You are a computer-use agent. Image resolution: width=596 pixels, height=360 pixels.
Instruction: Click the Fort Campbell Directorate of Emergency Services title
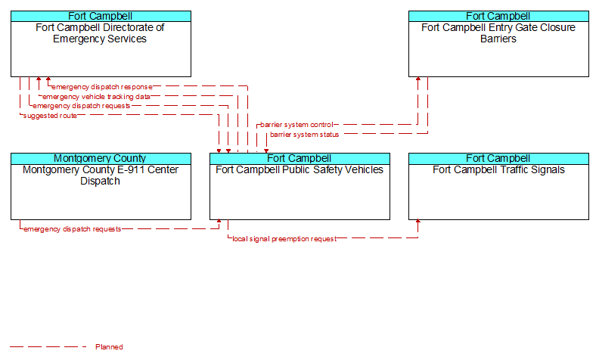pyautogui.click(x=100, y=33)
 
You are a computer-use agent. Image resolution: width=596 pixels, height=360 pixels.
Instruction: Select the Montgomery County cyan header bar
pyautogui.click(x=101, y=159)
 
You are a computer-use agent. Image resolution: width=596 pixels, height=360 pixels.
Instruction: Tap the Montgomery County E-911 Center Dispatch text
pyautogui.click(x=101, y=175)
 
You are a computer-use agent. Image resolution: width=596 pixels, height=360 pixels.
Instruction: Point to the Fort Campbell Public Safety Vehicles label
pyautogui.click(x=300, y=169)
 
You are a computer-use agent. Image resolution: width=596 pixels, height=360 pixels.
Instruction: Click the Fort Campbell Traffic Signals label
pyautogui.click(x=498, y=169)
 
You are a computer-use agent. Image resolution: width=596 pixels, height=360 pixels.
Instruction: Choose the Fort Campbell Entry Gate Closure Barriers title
pyautogui.click(x=498, y=33)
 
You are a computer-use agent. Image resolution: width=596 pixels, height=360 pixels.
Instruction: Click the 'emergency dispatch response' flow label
pyautogui.click(x=102, y=87)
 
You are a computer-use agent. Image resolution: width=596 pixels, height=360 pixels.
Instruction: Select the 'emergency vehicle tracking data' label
pyautogui.click(x=96, y=97)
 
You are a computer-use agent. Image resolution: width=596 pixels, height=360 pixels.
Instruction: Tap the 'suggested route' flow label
pyautogui.click(x=50, y=116)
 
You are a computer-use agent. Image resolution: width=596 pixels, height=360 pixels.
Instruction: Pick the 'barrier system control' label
pyautogui.click(x=296, y=125)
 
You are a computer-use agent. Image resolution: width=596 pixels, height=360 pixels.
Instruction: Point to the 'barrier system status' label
pyautogui.click(x=304, y=135)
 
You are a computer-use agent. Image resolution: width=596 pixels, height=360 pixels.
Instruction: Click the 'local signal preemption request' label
pyautogui.click(x=284, y=239)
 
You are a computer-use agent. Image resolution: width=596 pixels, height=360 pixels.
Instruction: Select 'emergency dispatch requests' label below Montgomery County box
pyautogui.click(x=72, y=229)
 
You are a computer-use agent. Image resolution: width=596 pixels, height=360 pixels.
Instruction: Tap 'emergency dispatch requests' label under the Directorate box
pyautogui.click(x=82, y=106)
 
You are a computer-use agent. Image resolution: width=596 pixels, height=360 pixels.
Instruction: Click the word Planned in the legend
pyautogui.click(x=109, y=346)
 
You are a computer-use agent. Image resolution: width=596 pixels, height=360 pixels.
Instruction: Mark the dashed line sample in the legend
pyautogui.click(x=48, y=346)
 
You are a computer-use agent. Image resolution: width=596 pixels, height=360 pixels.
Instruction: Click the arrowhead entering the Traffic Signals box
pyautogui.click(x=418, y=222)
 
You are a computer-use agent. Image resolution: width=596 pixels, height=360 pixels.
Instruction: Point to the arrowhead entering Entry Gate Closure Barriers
pyautogui.click(x=418, y=79)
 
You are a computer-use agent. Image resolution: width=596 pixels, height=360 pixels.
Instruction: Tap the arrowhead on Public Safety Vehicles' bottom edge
pyautogui.click(x=219, y=222)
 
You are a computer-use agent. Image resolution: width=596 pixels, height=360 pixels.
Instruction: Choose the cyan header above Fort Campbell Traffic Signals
pyautogui.click(x=498, y=159)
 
